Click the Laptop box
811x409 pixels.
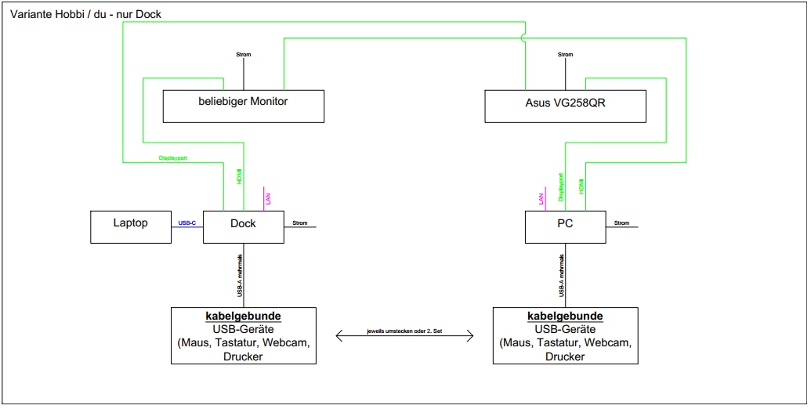(x=131, y=226)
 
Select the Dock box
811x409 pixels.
(x=243, y=226)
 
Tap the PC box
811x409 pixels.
(x=565, y=226)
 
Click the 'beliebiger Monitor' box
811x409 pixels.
(x=243, y=106)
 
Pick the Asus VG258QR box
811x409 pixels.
(x=565, y=106)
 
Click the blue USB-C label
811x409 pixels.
(x=187, y=223)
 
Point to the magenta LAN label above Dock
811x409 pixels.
(x=268, y=200)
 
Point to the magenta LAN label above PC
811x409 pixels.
(x=541, y=200)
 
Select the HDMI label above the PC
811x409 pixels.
(x=581, y=188)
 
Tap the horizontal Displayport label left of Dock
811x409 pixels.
(x=173, y=157)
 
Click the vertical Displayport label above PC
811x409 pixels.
(x=561, y=188)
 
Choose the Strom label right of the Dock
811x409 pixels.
(x=300, y=223)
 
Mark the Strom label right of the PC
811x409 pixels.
(x=621, y=223)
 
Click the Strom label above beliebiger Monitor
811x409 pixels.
(x=244, y=55)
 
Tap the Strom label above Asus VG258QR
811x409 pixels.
(x=565, y=55)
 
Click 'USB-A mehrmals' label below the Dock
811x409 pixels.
(x=239, y=275)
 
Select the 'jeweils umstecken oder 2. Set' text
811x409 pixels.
(x=404, y=331)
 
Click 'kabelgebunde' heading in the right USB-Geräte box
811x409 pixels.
(x=565, y=317)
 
